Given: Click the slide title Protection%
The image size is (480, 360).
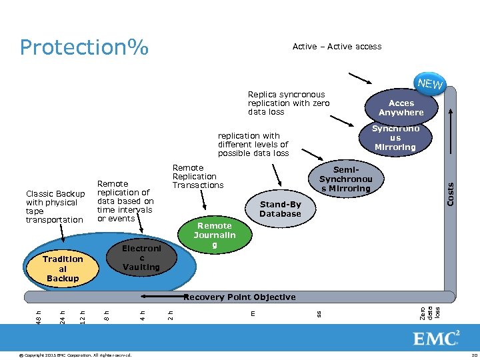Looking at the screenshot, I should pos(84,47).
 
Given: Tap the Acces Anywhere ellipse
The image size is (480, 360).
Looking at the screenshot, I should pos(401,108).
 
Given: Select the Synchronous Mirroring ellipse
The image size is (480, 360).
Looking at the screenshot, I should pos(395,138).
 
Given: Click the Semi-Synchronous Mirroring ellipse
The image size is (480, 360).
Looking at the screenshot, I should pos(345,179).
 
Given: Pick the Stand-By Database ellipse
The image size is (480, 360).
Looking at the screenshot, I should pos(280,209).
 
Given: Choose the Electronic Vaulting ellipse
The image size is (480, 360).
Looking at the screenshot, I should pos(141,257).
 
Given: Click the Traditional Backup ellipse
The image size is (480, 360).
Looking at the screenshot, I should pos(63,268).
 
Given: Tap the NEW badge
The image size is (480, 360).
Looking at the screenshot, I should pos(431,83).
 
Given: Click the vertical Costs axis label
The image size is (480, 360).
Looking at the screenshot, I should pos(450,194).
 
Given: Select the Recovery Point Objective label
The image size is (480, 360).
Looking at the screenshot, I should pos(239,297).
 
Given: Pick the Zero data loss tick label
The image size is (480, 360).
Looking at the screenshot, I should pos(430,312).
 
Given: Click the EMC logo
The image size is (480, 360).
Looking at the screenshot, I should pos(437,338).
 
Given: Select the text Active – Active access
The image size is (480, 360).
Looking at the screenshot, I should pos(337,47).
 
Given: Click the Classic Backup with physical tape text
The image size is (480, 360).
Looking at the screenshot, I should pos(55,207).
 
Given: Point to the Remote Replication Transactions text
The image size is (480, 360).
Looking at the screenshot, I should pos(198,177).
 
